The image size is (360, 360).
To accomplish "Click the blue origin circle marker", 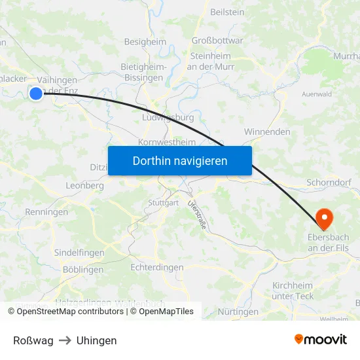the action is (36, 94).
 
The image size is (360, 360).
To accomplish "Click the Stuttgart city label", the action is (163, 203).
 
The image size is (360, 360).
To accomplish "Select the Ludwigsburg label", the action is (168, 118).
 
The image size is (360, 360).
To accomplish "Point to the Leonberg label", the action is (85, 186).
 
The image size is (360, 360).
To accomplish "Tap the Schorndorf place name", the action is (333, 183).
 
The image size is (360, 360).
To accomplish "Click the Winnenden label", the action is (267, 132).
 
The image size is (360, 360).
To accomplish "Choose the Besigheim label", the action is (145, 42).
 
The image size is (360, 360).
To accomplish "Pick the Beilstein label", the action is (227, 12).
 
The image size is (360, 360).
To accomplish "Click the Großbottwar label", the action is (217, 41).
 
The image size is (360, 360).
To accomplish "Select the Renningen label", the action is (46, 212).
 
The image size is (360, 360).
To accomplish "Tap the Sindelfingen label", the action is (79, 253).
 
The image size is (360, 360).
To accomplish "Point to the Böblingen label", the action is (83, 270).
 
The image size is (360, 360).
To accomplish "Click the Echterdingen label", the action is (157, 268).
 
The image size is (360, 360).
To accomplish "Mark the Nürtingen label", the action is (238, 312).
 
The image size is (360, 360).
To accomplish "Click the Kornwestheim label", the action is (167, 142).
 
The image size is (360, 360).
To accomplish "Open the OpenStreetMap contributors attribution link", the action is (70, 312).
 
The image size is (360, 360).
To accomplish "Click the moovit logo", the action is (321, 339).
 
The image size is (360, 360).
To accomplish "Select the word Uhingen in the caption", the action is (96, 340).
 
